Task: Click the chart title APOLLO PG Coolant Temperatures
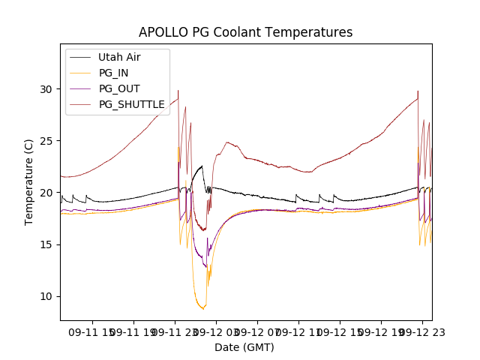pos(245,32)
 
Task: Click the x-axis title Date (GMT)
pos(244,347)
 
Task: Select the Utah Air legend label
pos(119,57)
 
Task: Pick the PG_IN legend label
pos(114,73)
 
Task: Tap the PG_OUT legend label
pos(118,88)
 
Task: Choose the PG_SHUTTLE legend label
pos(131,104)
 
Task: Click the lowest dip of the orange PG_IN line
pos(202,308)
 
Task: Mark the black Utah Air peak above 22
pos(202,166)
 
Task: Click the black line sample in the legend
pos(79,57)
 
